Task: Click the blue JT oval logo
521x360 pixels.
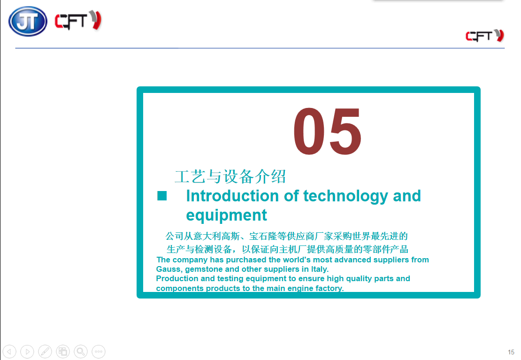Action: [28, 21]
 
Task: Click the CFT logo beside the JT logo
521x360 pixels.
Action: [78, 21]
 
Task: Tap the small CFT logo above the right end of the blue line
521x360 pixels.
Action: [485, 36]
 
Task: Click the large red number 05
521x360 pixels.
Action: [327, 131]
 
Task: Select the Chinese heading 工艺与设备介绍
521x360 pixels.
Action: [230, 176]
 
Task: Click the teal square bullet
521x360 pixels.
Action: [162, 196]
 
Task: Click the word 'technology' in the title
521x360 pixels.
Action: [345, 197]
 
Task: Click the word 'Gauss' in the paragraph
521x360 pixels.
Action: [169, 269]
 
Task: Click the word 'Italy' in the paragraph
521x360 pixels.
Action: [320, 269]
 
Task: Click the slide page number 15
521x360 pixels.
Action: [511, 352]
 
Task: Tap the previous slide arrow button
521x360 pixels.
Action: [9, 352]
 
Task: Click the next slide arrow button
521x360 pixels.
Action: [27, 352]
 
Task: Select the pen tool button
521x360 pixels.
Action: [45, 352]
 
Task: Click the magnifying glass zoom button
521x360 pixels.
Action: [81, 352]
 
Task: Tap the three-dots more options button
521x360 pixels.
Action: [99, 352]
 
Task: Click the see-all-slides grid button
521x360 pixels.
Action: [63, 352]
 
